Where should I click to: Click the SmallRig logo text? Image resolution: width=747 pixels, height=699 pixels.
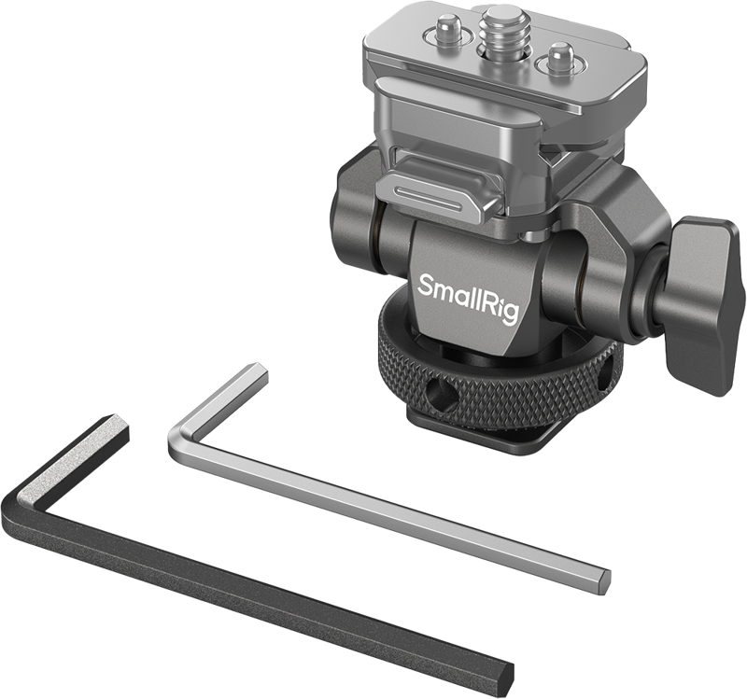click(468, 298)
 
